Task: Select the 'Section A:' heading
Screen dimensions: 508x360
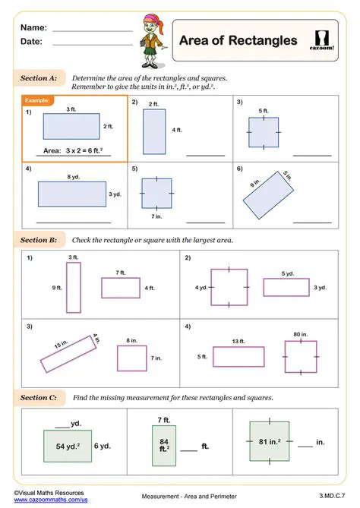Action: pyautogui.click(x=38, y=78)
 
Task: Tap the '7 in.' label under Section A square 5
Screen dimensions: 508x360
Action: pyautogui.click(x=157, y=217)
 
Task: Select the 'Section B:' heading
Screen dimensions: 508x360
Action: pyautogui.click(x=38, y=240)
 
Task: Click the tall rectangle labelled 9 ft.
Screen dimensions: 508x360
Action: pyautogui.click(x=73, y=288)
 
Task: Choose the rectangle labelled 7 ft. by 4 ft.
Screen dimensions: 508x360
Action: pyautogui.click(x=119, y=288)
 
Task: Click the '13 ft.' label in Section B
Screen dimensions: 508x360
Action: pyautogui.click(x=238, y=341)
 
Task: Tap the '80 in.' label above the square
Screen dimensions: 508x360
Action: pyautogui.click(x=300, y=334)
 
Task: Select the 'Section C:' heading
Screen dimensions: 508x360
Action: pyautogui.click(x=38, y=397)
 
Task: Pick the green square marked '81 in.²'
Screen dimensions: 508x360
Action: pyautogui.click(x=270, y=441)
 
